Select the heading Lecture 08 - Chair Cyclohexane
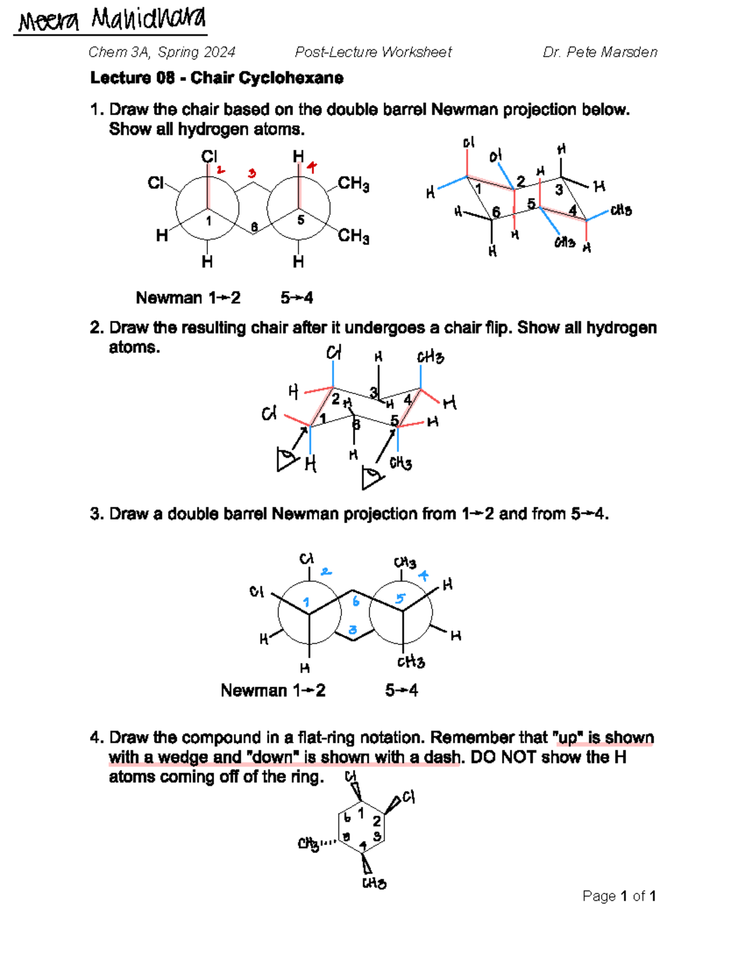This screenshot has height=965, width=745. point(217,78)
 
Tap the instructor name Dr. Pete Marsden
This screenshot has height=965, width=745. point(600,52)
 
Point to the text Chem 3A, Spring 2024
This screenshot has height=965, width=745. point(161,52)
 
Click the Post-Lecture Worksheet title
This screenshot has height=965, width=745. point(373,52)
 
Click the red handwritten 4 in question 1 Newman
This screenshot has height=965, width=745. point(312,167)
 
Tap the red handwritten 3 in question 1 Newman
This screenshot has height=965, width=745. point(251,173)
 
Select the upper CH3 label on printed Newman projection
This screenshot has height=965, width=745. point(353,183)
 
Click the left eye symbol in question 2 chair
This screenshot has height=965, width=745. point(286,460)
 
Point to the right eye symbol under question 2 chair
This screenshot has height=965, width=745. point(372,478)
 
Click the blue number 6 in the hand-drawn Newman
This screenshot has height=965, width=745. point(356,601)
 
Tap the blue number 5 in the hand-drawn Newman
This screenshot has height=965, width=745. point(400,598)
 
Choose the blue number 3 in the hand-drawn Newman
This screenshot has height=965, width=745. point(353,630)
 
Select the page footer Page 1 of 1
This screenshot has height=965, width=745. point(619,895)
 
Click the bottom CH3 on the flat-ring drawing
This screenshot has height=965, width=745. point(374,883)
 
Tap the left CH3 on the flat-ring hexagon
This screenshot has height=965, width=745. point(309,844)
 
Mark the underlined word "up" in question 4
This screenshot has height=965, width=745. point(567,738)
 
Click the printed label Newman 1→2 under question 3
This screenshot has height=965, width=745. point(273,690)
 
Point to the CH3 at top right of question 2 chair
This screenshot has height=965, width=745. point(430,357)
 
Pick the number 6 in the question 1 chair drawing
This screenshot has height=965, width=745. point(496,213)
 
